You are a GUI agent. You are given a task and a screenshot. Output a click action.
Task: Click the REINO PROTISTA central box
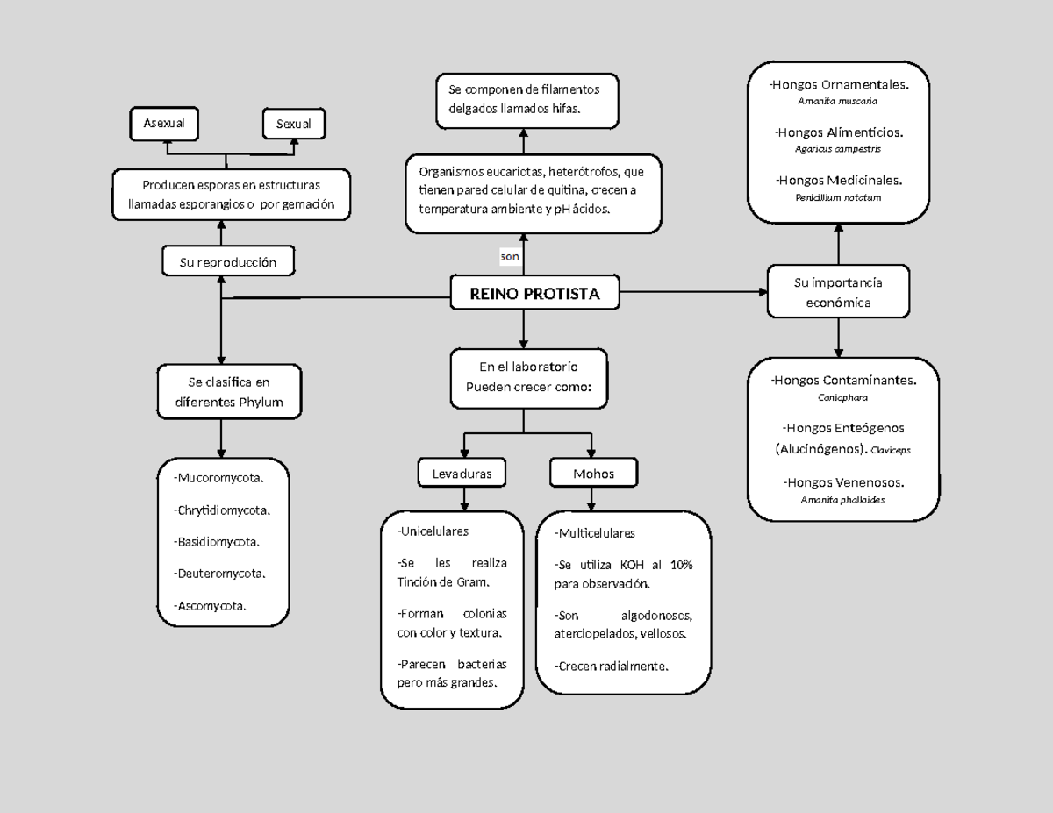point(534,294)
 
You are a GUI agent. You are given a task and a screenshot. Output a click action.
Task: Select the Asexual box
point(164,124)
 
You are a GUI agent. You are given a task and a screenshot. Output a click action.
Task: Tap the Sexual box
point(294,124)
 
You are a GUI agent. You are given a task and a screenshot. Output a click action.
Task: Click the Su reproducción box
point(227,262)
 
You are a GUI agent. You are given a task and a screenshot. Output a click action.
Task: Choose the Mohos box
point(593,474)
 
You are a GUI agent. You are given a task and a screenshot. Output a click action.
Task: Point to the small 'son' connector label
point(510,257)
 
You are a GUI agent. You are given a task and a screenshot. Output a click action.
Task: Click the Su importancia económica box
point(838,293)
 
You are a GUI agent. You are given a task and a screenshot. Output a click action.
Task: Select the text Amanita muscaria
point(837,101)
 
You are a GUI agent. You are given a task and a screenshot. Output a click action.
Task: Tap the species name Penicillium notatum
point(838,197)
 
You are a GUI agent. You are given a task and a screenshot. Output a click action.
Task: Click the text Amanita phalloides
point(842,499)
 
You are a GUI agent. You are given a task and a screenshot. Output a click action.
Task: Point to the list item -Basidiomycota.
point(217,542)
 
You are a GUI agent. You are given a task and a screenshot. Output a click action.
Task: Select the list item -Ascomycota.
point(211,605)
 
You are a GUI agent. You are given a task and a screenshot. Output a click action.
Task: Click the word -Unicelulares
point(433,531)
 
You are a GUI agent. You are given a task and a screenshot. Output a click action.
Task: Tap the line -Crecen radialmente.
point(611,666)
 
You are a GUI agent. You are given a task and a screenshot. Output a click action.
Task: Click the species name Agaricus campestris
point(838,149)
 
